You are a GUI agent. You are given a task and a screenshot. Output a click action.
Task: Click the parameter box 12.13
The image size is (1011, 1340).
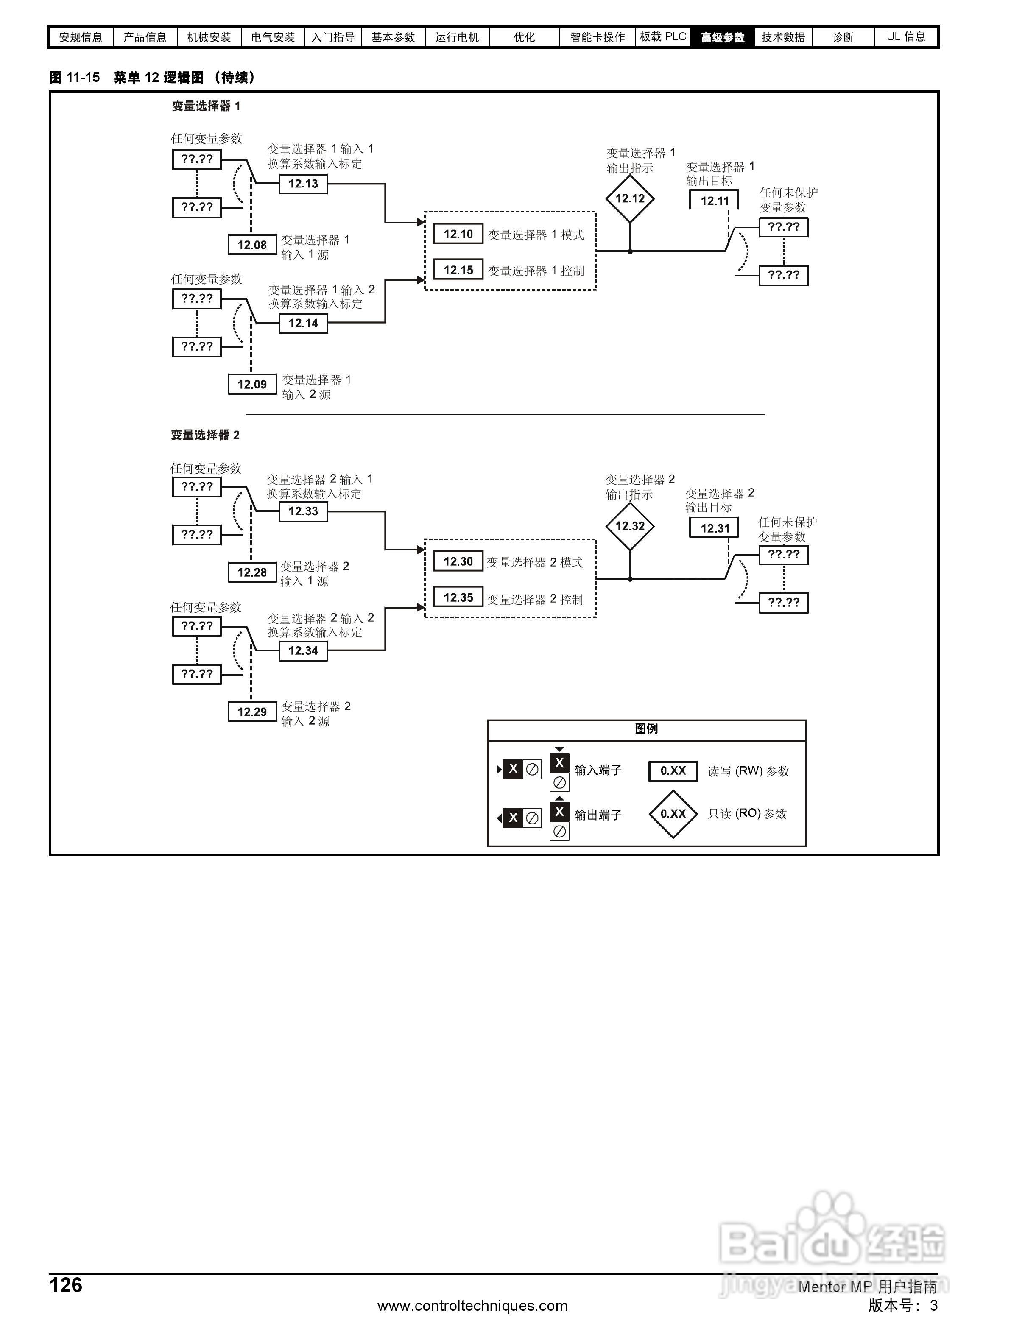(303, 184)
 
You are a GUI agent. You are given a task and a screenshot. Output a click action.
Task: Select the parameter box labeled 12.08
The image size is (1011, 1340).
(252, 245)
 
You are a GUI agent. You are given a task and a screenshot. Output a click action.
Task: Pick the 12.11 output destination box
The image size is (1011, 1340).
(714, 201)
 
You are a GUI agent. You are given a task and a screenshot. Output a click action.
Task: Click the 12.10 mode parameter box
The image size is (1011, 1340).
(458, 234)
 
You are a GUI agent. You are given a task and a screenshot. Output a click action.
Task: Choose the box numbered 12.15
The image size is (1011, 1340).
(458, 270)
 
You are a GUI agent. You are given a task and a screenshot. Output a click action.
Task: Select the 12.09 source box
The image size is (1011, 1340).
(252, 384)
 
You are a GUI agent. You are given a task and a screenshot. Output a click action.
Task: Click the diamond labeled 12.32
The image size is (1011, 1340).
(630, 526)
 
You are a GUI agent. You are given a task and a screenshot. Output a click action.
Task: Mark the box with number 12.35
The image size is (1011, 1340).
(458, 597)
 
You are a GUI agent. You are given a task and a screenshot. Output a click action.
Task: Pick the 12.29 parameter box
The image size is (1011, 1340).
(252, 712)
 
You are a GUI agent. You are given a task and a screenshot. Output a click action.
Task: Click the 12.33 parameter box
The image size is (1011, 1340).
(303, 511)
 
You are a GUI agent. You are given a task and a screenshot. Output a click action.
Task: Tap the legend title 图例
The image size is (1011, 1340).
(646, 729)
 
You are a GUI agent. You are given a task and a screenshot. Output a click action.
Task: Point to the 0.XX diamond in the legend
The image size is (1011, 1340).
(673, 814)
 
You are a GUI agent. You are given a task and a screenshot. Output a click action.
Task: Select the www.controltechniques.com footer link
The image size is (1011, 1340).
(472, 1306)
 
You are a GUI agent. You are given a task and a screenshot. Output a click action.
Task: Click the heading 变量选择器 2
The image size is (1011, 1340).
(205, 435)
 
